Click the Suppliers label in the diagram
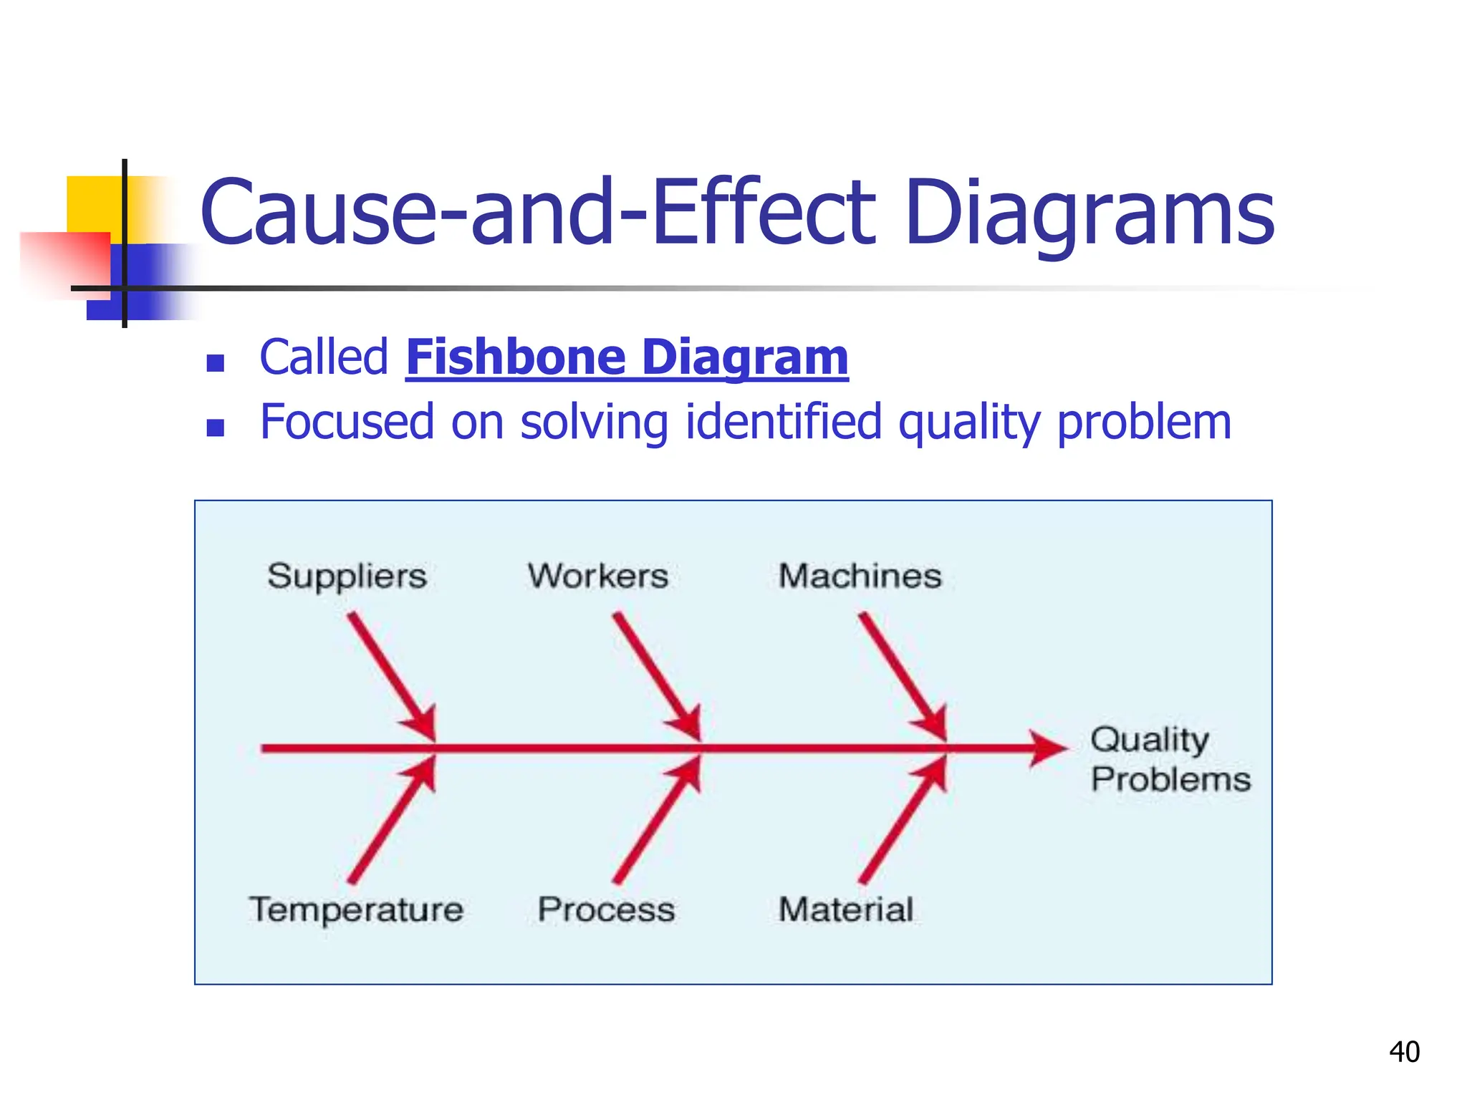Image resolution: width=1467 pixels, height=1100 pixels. click(347, 576)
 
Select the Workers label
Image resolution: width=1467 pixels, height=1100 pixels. click(598, 576)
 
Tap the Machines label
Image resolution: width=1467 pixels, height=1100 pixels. click(860, 576)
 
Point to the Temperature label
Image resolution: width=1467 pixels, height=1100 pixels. click(356, 910)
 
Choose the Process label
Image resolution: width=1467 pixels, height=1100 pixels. click(606, 910)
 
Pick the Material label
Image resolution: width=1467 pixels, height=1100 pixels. click(846, 910)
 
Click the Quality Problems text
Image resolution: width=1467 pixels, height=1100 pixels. click(1170, 759)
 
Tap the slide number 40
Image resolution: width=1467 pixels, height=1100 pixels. click(1404, 1052)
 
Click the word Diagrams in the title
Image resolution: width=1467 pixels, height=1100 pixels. click(1089, 213)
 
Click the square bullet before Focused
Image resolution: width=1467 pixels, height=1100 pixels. click(215, 428)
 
